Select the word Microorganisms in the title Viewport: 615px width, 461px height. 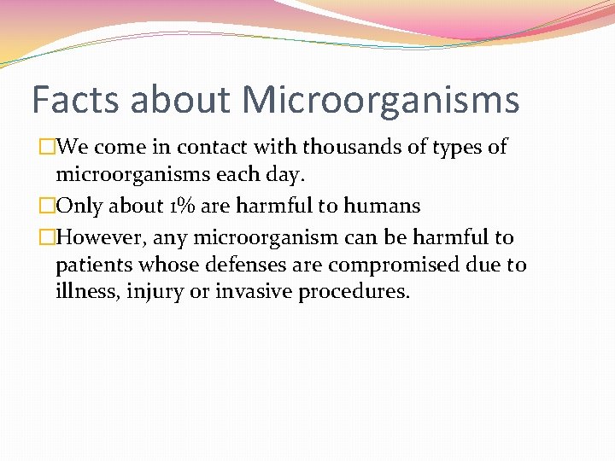380,100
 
